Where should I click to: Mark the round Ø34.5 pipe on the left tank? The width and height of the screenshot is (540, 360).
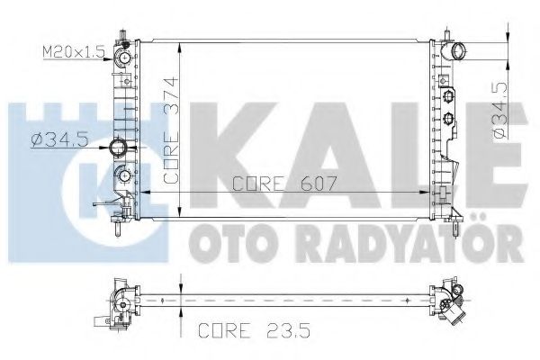click(x=117, y=147)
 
